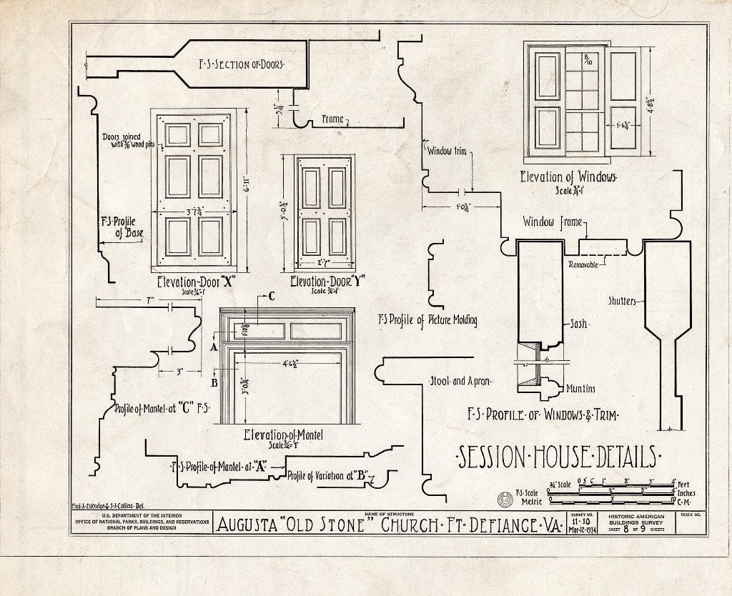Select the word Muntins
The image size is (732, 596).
580,389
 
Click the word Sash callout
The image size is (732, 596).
578,324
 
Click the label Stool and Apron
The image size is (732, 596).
459,381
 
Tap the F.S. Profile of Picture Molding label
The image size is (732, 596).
427,320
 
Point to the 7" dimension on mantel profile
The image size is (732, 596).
149,302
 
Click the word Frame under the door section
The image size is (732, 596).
332,120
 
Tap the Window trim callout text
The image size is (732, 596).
447,151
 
